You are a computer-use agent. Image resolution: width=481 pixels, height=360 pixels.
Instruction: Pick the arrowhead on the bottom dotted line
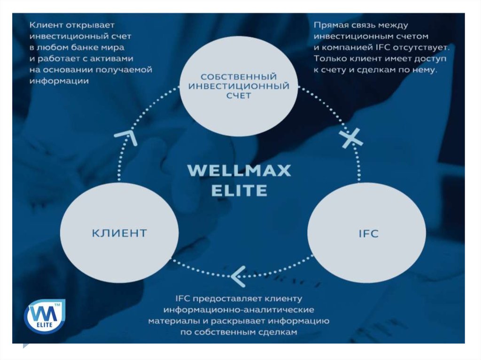(x=238, y=276)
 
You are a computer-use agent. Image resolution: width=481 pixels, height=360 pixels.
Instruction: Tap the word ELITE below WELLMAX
(x=239, y=191)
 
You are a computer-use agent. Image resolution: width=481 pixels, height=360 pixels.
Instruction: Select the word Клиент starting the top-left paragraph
(x=46, y=25)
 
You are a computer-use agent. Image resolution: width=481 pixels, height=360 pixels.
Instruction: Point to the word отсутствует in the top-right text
(x=427, y=47)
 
